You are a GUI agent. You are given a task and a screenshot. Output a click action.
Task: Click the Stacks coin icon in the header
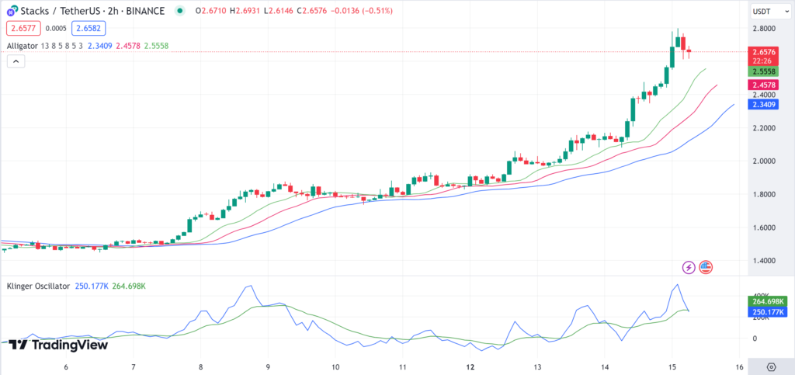12,10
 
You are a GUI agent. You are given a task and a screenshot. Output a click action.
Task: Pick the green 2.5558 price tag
762,71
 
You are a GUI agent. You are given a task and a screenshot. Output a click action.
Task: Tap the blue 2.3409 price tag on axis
762,104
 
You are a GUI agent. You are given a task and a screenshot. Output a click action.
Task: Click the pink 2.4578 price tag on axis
762,85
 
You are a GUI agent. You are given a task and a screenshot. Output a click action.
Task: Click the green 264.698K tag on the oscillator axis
765,300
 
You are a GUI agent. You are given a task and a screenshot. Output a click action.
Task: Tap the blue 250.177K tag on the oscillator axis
765,312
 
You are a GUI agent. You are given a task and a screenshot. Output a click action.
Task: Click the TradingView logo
58,345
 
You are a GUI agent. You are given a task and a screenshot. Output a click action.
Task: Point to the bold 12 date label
470,367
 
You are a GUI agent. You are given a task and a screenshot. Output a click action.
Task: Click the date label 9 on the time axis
268,367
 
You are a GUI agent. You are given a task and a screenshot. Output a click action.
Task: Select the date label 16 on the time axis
740,367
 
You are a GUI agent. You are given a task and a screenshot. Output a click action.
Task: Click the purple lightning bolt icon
689,267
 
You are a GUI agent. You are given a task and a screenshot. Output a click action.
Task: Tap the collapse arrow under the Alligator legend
16,61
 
